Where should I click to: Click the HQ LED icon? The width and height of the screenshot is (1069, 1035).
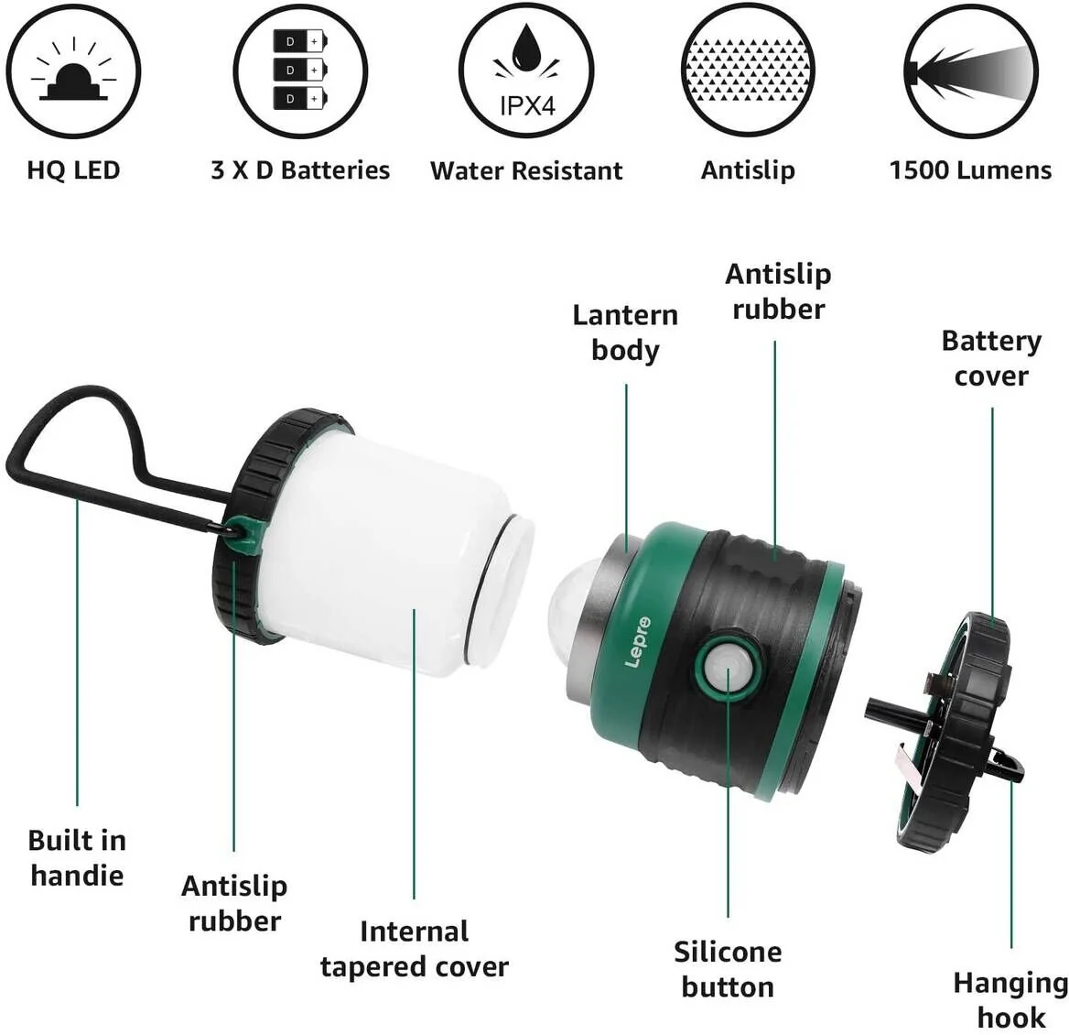(x=73, y=71)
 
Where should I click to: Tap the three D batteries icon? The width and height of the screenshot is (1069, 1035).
(x=300, y=71)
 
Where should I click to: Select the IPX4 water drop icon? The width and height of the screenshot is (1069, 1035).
(x=525, y=71)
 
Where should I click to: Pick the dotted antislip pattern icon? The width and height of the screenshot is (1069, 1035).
(x=749, y=71)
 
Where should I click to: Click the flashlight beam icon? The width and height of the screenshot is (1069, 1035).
(x=971, y=71)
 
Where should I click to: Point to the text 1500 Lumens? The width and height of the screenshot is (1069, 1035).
(x=970, y=170)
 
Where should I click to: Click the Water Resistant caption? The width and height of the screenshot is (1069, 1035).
(x=526, y=171)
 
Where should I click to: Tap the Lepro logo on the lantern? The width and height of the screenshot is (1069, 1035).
(x=640, y=641)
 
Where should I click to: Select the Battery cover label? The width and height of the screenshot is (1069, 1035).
(x=991, y=358)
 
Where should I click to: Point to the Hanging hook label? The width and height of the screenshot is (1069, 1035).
(x=1010, y=999)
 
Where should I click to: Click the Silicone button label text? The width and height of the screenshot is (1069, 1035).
(x=728, y=969)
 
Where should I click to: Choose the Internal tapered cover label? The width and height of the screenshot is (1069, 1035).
(x=414, y=949)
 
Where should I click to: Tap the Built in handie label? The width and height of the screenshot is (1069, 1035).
(x=77, y=857)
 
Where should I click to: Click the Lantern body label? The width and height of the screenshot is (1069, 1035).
(x=625, y=332)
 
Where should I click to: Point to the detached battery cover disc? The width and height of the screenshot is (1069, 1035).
(x=956, y=733)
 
